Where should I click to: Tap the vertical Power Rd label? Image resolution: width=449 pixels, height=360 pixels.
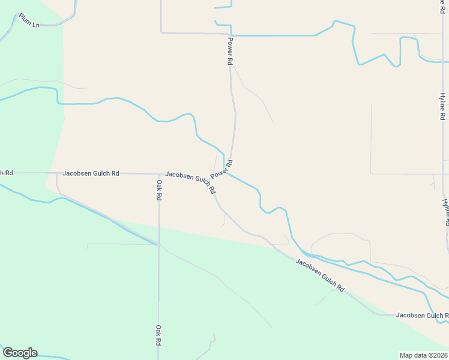click(x=230, y=51)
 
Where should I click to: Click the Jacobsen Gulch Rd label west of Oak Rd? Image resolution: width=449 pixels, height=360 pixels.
click(x=91, y=173)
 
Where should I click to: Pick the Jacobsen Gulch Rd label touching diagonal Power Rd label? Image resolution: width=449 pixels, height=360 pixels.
click(x=190, y=182)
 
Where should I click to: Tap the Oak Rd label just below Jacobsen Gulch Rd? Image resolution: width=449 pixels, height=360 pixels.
click(x=159, y=189)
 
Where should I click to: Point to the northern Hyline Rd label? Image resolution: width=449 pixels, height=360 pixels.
click(x=442, y=107)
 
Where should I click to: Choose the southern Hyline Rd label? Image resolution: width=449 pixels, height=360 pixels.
click(x=445, y=212)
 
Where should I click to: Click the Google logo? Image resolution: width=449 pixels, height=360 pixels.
click(x=20, y=353)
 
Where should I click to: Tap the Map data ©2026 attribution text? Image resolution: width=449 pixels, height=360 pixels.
click(x=424, y=355)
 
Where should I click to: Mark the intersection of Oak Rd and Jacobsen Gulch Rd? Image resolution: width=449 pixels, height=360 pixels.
click(x=159, y=173)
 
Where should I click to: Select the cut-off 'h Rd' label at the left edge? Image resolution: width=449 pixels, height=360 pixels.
click(x=6, y=173)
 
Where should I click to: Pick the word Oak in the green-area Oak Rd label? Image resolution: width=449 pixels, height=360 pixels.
click(x=159, y=331)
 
